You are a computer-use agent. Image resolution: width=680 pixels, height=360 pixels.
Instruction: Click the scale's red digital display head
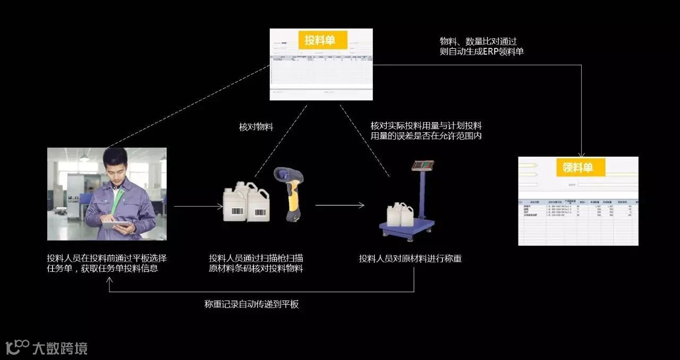423,165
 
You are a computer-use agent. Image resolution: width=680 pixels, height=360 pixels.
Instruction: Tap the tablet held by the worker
115,225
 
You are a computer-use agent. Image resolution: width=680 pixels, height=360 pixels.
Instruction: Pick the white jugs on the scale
399,213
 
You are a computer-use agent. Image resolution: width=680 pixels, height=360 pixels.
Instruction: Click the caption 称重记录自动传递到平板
251,304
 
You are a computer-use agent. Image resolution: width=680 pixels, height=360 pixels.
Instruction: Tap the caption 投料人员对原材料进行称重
410,259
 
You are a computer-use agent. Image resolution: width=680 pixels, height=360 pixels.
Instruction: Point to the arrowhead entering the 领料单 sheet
581,152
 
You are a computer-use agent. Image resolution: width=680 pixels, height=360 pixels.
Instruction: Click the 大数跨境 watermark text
59,348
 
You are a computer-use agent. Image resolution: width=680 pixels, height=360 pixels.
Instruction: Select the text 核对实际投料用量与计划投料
426,126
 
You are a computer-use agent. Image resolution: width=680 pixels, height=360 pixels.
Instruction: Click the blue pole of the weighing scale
422,194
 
